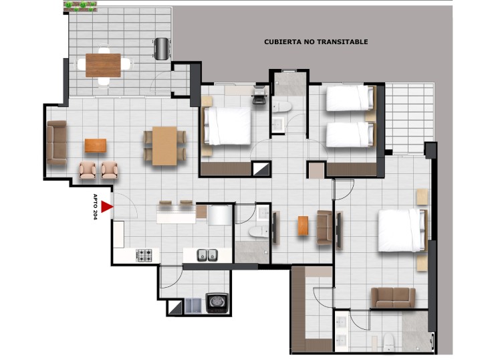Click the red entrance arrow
click(107, 207)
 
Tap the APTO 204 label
click(96, 207)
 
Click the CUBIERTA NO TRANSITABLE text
click(316, 41)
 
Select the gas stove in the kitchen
click(144, 256)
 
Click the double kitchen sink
click(207, 255)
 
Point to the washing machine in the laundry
click(217, 303)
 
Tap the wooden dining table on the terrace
click(103, 66)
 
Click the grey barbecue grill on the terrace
click(162, 49)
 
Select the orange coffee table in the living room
click(96, 146)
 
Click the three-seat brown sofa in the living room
click(57, 143)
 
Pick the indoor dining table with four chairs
click(164, 146)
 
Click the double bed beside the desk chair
click(227, 126)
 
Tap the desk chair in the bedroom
click(260, 95)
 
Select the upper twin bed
click(350, 98)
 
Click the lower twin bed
click(350, 134)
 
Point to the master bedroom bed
click(402, 230)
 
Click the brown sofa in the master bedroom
click(393, 297)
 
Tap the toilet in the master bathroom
click(388, 343)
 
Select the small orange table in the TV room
click(303, 226)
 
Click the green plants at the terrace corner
click(80, 6)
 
